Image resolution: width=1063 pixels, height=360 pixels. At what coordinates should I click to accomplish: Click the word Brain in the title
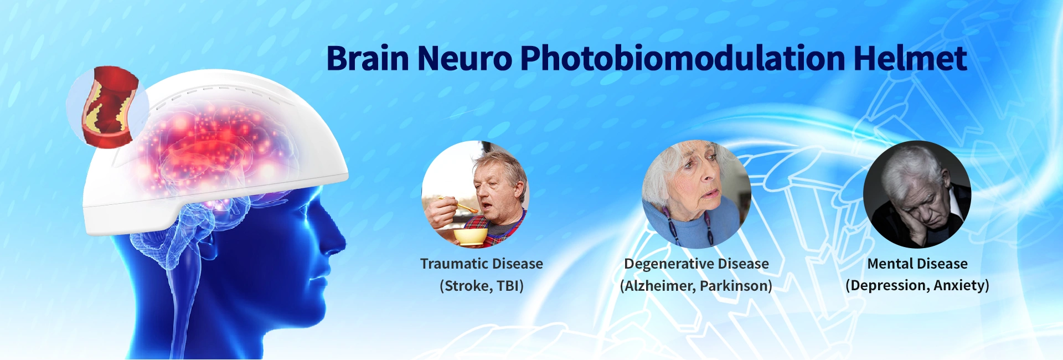[368, 58]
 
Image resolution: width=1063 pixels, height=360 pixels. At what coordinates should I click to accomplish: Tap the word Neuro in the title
[465, 58]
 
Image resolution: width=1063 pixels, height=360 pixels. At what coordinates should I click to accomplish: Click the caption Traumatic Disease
[482, 264]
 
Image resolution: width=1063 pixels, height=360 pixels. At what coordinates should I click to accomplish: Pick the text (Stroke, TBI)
[482, 286]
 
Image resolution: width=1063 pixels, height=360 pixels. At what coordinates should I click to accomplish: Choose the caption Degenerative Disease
[696, 264]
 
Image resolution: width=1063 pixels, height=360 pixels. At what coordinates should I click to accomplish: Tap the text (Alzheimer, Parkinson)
[696, 286]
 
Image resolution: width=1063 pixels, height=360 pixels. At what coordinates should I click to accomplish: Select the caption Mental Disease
[917, 264]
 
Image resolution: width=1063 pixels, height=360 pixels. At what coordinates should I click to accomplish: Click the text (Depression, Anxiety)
[917, 286]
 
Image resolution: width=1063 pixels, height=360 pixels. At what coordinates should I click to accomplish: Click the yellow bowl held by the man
[471, 236]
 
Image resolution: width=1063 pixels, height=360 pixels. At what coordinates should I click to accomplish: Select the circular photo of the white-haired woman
[696, 194]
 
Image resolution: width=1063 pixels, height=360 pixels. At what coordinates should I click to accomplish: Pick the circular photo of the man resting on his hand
[917, 194]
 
